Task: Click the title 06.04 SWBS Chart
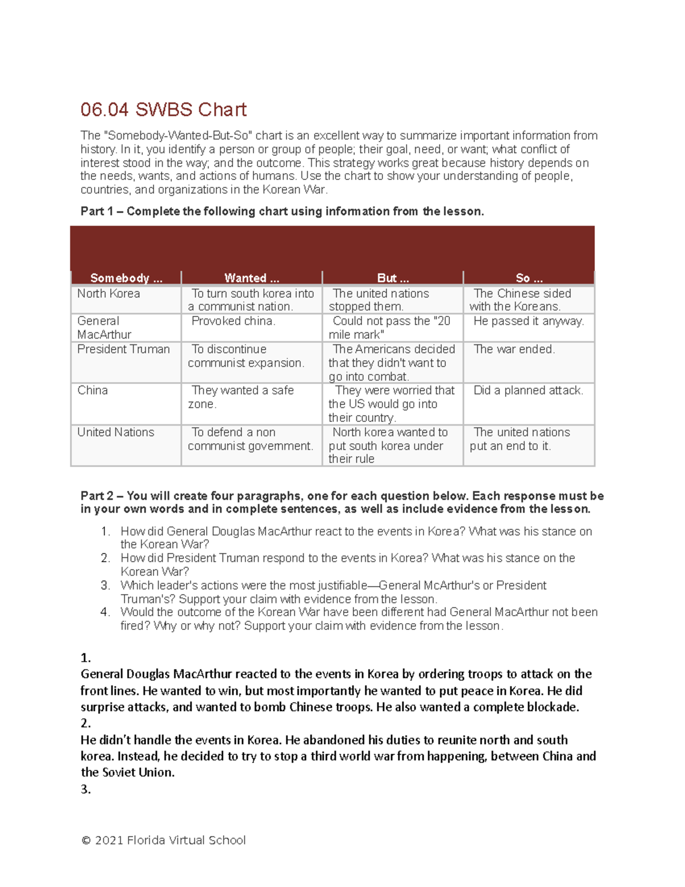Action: pos(163,110)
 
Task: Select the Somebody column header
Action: pos(126,278)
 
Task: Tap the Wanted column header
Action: pos(252,278)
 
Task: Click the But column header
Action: pos(393,278)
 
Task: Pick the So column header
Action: pos(529,278)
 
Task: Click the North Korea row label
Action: pos(108,294)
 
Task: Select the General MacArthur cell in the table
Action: pos(104,328)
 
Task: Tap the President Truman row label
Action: pos(123,349)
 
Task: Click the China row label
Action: pos(92,391)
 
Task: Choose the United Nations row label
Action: pos(116,432)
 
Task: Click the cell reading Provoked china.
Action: pos(233,321)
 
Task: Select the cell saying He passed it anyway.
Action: pos(529,321)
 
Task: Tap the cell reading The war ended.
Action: pos(514,349)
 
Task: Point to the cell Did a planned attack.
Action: pos(528,391)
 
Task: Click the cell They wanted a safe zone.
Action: pos(242,397)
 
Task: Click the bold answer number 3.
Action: pos(86,789)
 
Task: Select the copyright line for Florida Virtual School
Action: pos(163,840)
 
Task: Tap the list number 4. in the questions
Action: pos(105,612)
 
